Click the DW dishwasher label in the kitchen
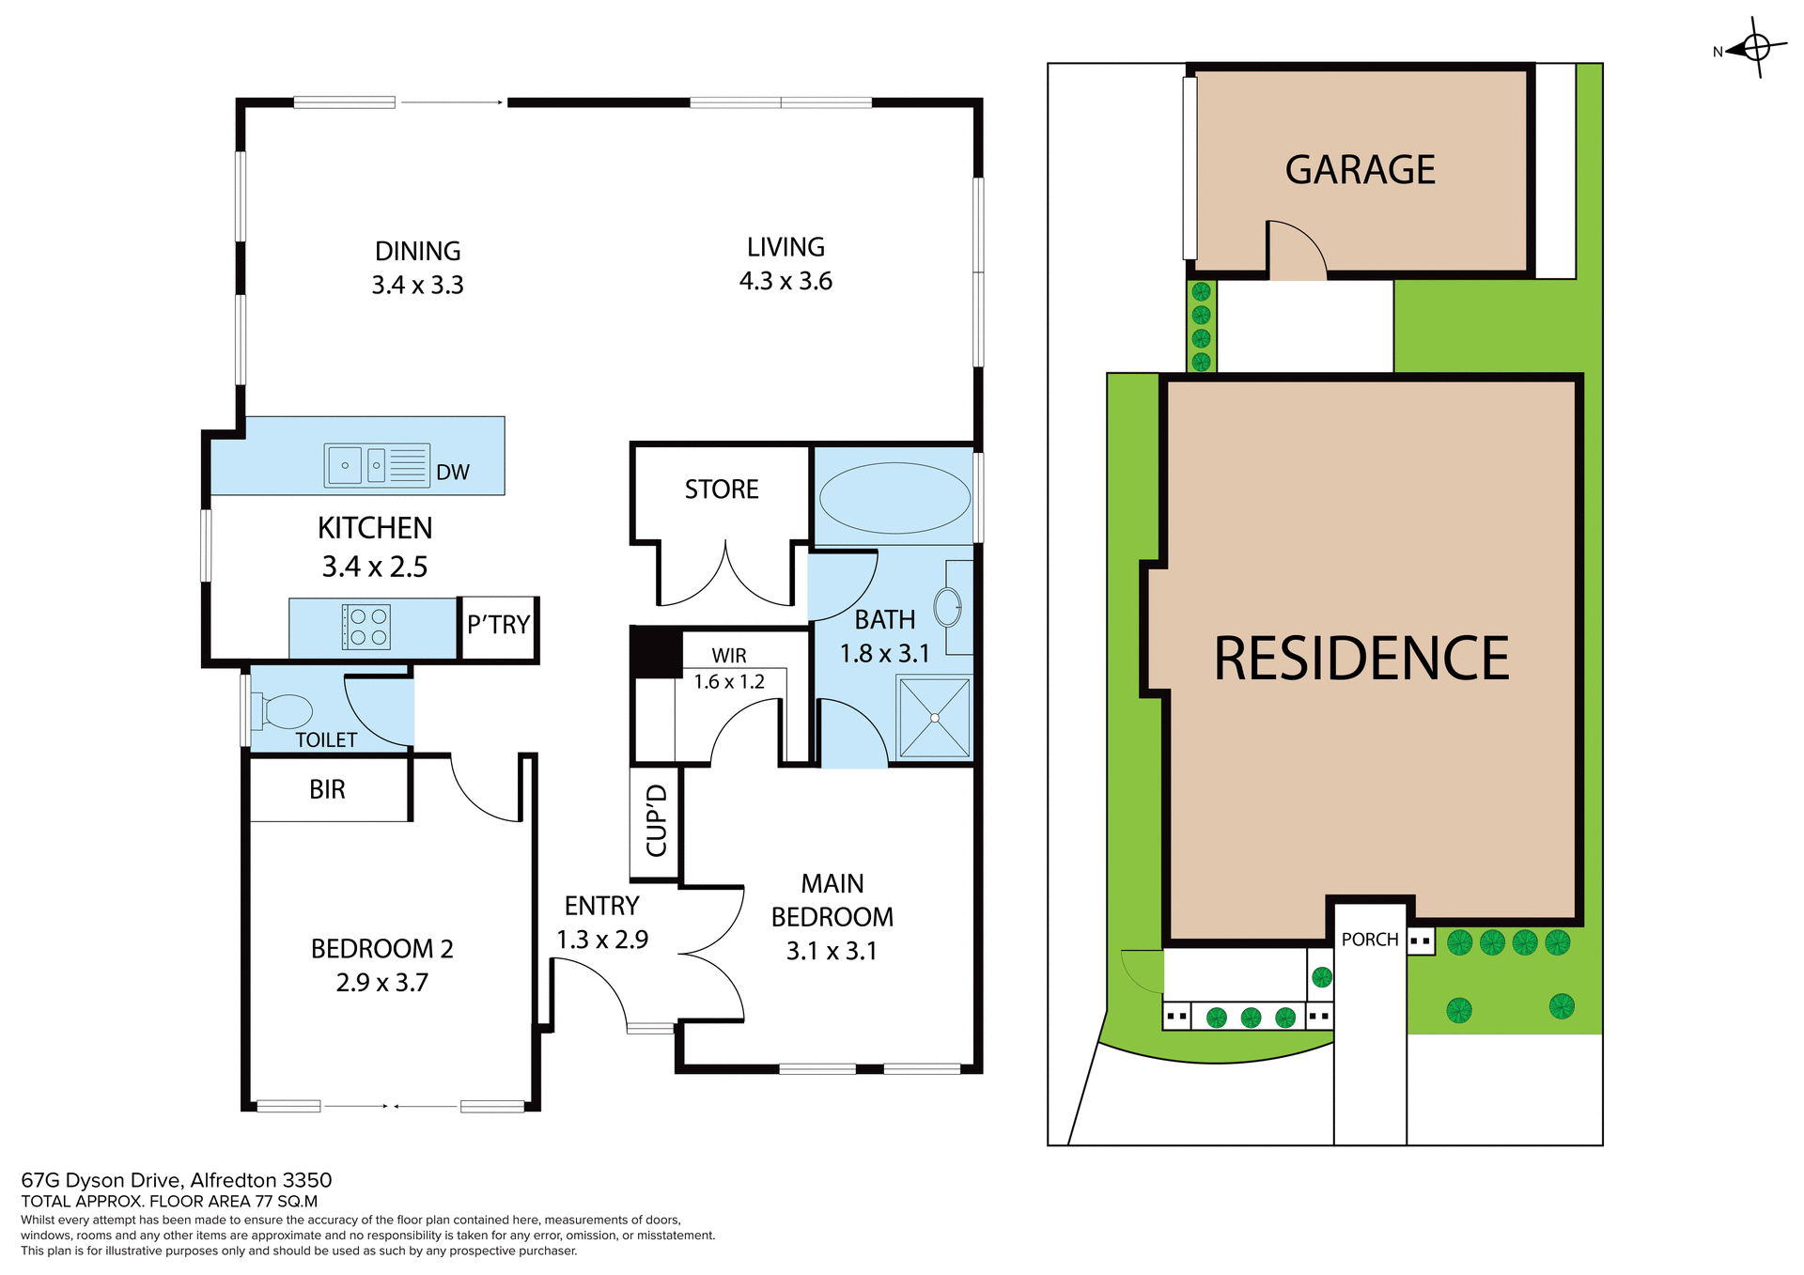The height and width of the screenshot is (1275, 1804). coord(452,473)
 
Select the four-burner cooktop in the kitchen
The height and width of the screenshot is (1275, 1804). coord(365,628)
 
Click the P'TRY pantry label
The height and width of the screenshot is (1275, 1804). coord(498,625)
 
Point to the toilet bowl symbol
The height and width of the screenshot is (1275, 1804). coord(286,711)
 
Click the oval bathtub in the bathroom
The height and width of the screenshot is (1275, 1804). coord(894,498)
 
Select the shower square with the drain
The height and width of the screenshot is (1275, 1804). coord(935,718)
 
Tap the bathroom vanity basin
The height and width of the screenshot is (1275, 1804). coord(948,608)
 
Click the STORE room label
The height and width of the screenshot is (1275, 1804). coord(722,490)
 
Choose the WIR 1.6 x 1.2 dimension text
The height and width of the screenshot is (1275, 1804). coord(729,682)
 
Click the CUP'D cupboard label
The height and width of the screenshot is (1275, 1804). coord(657,821)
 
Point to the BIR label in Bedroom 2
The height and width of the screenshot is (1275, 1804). coord(327,789)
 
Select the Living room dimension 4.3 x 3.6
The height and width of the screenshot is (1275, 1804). coord(785,281)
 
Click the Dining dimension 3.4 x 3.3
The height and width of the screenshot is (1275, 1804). coord(417,285)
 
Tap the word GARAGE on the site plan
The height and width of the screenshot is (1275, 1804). coord(1360,170)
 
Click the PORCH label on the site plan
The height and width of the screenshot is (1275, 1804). coord(1370,940)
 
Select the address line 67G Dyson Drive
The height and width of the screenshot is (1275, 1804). coord(177,1180)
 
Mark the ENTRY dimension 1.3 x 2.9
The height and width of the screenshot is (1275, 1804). coord(602,940)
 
